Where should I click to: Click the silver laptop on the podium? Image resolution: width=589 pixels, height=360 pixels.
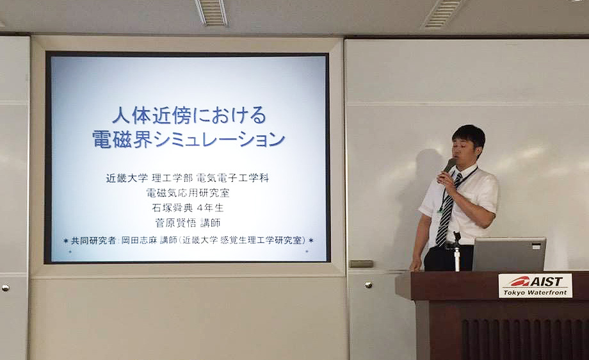[x=508, y=254]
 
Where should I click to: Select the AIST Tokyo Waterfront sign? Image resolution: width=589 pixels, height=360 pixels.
[x=535, y=286]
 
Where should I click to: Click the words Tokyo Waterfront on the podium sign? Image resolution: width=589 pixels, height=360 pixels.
[x=535, y=292]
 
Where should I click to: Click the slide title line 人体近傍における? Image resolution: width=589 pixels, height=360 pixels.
[x=189, y=115]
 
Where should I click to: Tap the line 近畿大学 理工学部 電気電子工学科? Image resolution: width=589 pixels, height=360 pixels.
[x=188, y=177]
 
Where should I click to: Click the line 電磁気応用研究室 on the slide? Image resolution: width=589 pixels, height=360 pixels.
[x=188, y=193]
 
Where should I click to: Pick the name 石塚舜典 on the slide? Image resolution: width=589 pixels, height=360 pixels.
[x=172, y=208]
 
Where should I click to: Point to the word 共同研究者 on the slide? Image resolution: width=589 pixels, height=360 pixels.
[x=93, y=240]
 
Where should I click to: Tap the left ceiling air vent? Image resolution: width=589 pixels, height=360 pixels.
[x=211, y=12]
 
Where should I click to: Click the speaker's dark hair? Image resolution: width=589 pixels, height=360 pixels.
[x=467, y=136]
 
